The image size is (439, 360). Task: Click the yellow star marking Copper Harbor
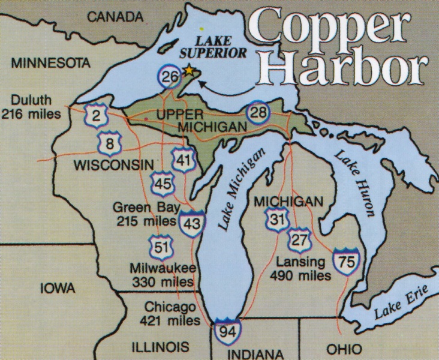click(189, 70)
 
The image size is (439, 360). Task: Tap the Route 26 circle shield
click(170, 77)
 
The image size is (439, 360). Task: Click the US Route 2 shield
click(96, 115)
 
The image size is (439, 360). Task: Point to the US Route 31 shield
click(276, 220)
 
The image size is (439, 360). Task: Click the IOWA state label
click(58, 289)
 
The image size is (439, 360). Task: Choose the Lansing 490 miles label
click(300, 269)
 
